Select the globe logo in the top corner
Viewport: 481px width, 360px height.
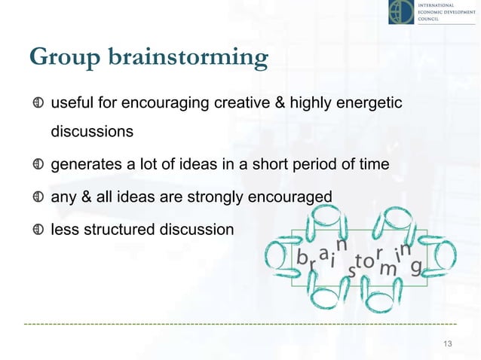point(401,12)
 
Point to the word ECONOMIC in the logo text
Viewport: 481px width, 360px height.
point(436,14)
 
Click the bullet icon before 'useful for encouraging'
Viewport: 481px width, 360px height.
point(38,102)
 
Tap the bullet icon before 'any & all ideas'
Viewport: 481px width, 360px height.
point(38,198)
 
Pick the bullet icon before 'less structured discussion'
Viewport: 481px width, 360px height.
point(38,230)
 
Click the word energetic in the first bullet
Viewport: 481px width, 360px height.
point(370,102)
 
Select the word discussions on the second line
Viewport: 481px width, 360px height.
point(92,132)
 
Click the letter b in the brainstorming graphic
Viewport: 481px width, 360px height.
point(302,258)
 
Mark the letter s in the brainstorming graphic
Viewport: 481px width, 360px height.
point(351,272)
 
